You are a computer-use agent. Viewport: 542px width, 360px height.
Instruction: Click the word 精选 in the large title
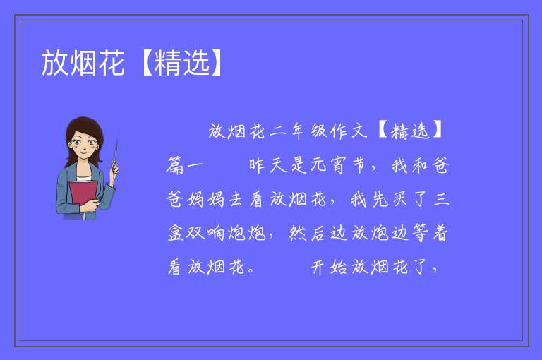(182, 63)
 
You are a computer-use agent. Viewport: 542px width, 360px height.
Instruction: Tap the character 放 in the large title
(55, 63)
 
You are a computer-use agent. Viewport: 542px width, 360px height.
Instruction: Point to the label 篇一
(185, 165)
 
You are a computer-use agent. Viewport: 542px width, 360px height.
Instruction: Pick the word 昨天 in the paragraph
(268, 165)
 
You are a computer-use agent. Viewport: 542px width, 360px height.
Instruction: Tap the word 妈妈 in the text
(205, 199)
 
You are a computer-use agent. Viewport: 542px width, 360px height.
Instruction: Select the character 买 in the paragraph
(399, 199)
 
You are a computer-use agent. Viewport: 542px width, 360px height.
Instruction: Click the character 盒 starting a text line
(175, 233)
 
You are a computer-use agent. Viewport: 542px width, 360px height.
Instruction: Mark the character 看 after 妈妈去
(256, 199)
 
